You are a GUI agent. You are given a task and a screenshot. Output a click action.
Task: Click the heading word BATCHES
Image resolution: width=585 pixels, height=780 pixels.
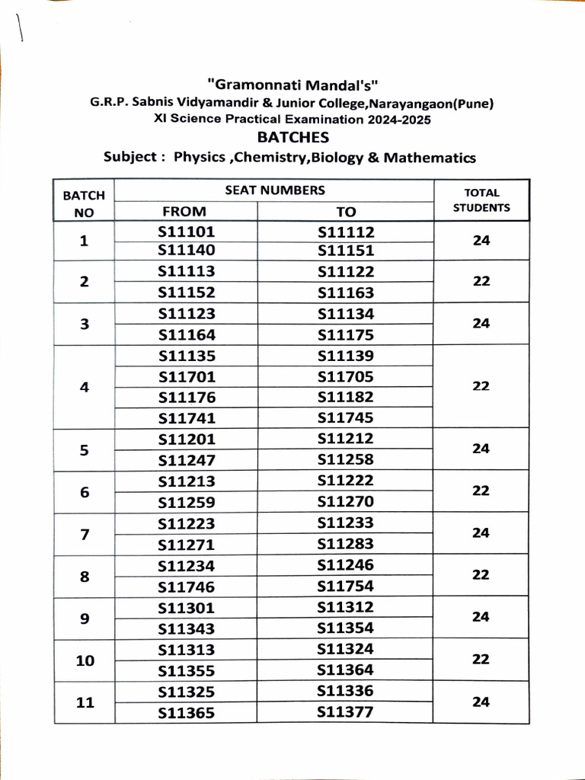293,138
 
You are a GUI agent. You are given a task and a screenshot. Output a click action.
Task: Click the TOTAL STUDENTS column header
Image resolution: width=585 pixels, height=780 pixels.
481,200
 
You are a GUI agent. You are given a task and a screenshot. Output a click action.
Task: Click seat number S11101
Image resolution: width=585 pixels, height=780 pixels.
187,232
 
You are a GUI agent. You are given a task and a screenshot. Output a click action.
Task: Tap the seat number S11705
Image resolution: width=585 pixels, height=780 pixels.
346,376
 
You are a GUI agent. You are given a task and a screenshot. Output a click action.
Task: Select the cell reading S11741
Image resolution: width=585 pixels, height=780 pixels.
187,418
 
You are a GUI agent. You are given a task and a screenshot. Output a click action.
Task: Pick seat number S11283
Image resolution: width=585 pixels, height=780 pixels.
346,545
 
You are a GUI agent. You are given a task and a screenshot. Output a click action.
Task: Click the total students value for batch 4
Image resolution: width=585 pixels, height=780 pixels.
481,386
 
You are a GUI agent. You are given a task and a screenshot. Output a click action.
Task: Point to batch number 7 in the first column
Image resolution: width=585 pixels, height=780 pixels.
85,534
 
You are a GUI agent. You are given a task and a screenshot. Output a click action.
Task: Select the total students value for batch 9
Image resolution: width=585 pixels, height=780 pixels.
481,618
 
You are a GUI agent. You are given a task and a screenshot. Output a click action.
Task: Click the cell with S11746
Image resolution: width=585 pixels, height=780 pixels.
187,587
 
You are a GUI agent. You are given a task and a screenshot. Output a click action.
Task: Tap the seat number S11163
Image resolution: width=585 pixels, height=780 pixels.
346,292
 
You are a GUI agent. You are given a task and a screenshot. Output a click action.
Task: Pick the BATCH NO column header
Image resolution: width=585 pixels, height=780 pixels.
84,204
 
